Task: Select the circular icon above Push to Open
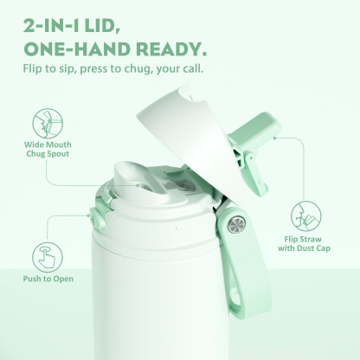point(46,257)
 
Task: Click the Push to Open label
point(46,280)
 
